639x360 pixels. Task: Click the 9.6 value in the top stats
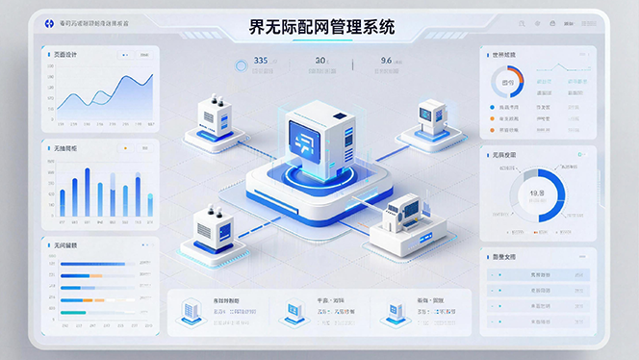coord(386,62)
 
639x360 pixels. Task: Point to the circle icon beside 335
coord(242,65)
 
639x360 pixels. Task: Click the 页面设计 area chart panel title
coord(65,55)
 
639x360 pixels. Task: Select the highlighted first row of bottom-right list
coord(537,276)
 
